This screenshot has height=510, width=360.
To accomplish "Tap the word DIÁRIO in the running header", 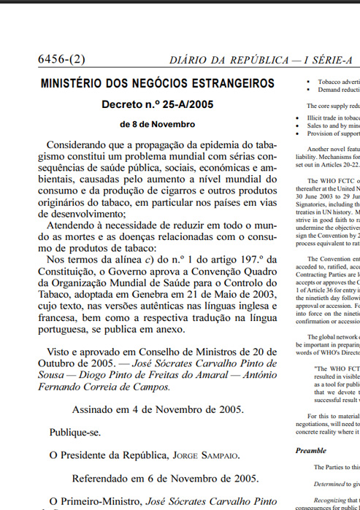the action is coord(191,59).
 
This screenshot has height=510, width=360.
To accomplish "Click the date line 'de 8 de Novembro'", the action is coord(158,124).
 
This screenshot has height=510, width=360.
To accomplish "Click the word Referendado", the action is coord(102,479).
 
